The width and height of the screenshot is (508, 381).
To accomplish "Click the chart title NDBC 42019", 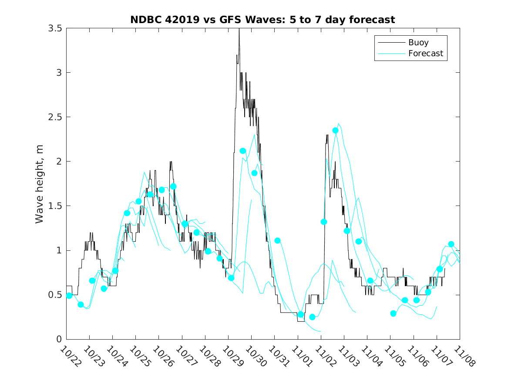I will (262, 20).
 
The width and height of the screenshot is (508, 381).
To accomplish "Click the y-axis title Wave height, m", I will (40, 183).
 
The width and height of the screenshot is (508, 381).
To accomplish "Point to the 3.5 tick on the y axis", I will (56, 28).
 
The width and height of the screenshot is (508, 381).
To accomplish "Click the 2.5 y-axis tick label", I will (56, 117).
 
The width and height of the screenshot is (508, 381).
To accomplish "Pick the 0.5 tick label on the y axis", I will (56, 295).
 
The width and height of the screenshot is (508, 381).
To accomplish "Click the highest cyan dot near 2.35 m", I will (336, 131).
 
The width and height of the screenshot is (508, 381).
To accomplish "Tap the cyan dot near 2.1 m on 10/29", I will (243, 151).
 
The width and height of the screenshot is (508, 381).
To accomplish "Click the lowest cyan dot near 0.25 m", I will (312, 317).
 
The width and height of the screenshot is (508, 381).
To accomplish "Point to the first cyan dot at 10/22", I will (69, 296).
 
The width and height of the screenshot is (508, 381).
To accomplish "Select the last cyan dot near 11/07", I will (451, 244).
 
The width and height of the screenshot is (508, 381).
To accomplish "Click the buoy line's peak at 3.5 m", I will (239, 29).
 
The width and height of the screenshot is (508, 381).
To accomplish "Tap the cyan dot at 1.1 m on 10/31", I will (277, 241).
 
